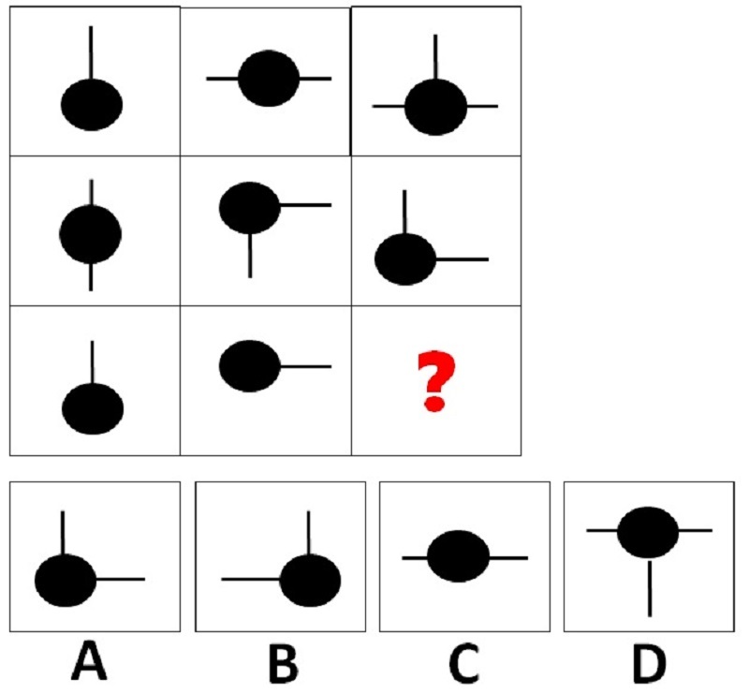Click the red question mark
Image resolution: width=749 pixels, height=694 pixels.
(436, 381)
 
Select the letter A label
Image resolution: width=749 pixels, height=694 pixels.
(89, 661)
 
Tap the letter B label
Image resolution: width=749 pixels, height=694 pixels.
(284, 663)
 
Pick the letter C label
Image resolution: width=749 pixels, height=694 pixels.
(464, 663)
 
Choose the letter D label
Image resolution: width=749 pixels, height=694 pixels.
(649, 663)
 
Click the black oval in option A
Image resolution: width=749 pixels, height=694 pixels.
(66, 581)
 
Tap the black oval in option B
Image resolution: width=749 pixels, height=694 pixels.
(310, 581)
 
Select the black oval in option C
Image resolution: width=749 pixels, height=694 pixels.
(458, 556)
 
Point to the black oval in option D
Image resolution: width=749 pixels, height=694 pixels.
(648, 532)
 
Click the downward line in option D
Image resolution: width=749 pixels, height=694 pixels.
(650, 588)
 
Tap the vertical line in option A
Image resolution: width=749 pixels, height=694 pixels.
(63, 534)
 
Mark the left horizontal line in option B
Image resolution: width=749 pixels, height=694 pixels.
(251, 580)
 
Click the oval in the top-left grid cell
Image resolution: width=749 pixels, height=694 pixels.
(92, 105)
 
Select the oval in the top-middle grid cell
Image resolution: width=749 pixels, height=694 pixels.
(269, 79)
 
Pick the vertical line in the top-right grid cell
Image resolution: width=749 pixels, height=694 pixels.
(435, 57)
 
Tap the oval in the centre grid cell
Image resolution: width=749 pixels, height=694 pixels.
(250, 208)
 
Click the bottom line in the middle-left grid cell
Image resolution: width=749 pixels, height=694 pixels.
(91, 276)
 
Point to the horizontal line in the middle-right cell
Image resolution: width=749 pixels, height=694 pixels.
(463, 259)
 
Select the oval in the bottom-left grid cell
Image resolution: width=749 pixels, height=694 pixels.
(93, 409)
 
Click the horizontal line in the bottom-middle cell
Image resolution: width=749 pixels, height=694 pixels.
(306, 366)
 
